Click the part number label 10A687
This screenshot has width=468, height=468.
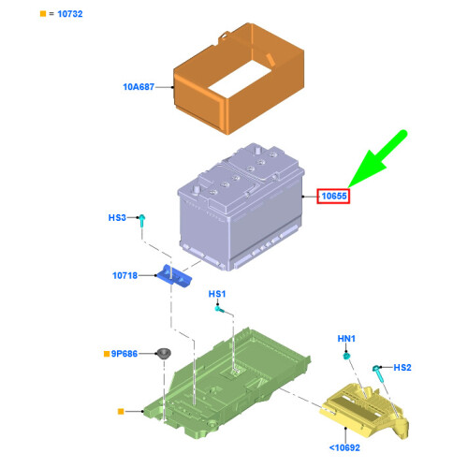point(139,87)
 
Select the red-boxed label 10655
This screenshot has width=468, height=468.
point(333,197)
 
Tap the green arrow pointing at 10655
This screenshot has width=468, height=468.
point(377,160)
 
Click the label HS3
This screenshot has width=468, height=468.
point(117,217)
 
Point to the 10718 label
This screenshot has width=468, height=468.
point(124,275)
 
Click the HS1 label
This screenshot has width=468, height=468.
point(217,294)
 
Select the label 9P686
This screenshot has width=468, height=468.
point(124,354)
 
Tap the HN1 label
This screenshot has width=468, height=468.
point(346,339)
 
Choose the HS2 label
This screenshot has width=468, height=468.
point(402,368)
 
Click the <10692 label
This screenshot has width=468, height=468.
point(344,447)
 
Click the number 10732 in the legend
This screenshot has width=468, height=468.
point(70,14)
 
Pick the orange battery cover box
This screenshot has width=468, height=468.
point(239,79)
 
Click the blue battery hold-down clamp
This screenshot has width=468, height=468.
point(174,276)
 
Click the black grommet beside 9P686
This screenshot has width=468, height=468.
point(164,354)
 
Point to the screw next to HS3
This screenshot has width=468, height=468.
point(141,221)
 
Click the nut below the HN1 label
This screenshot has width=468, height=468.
point(346,356)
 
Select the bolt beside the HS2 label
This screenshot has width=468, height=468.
point(379,373)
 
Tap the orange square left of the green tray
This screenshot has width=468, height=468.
point(121,412)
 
